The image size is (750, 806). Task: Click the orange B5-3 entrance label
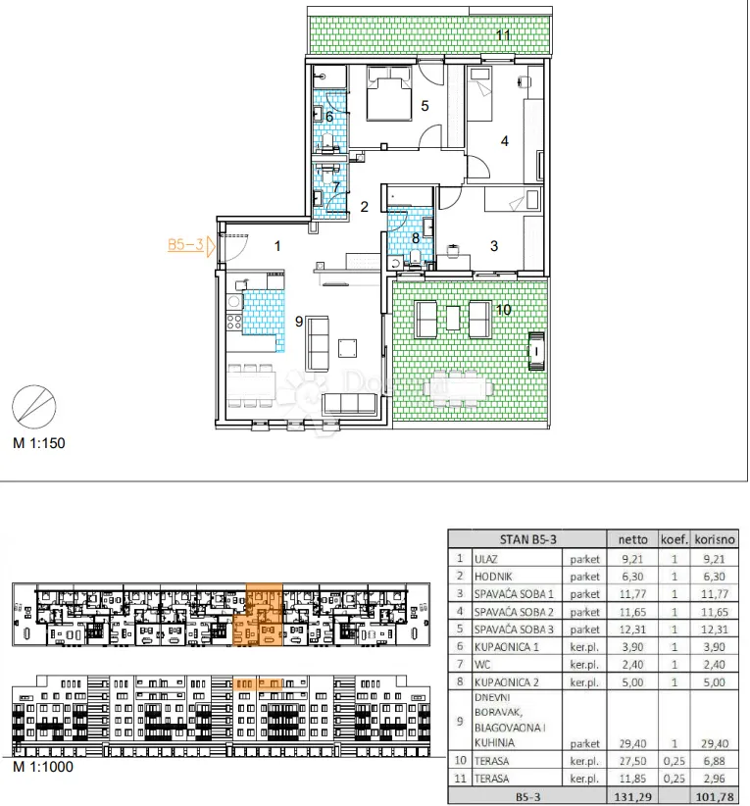pos(185,245)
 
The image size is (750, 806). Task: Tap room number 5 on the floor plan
pos(425,106)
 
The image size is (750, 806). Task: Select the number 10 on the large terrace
pos(504,310)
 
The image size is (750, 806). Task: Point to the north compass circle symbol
pos(34,407)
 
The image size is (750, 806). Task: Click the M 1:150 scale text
pos(39,443)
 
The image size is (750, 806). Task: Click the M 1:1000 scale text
pos(43,767)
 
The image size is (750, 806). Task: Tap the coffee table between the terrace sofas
pos(453,318)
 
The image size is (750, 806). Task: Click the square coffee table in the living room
pos(347,348)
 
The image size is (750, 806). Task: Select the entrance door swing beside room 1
pos(234,248)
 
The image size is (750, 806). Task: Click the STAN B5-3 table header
pos(527,539)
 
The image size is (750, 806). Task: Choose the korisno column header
pos(715,539)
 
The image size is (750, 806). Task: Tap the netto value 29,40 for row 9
pos(632,743)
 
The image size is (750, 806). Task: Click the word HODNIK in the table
pos(493,577)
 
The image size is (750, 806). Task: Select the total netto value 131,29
pos(632,797)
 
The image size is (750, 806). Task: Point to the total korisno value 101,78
pos(715,797)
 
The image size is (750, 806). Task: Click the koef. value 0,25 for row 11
pos(674,779)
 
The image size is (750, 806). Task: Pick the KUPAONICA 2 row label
pos(506,682)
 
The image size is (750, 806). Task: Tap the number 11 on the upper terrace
pos(503,35)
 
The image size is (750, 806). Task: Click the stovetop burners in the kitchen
pos(234,323)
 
